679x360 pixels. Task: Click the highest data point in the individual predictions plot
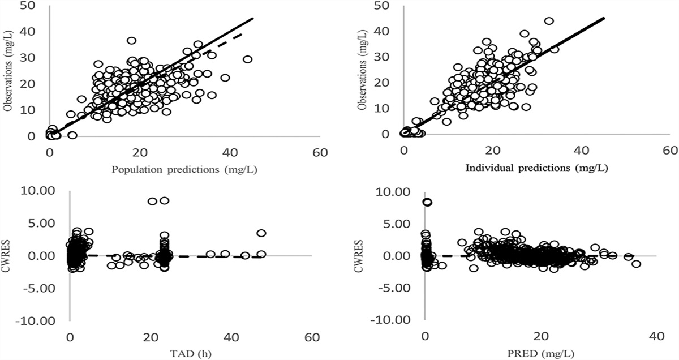pos(548,21)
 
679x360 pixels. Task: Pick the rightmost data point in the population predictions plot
pos(247,59)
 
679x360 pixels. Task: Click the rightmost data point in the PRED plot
pos(637,264)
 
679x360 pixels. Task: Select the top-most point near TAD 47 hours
pos(261,233)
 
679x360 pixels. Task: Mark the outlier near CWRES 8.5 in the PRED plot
pos(427,202)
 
